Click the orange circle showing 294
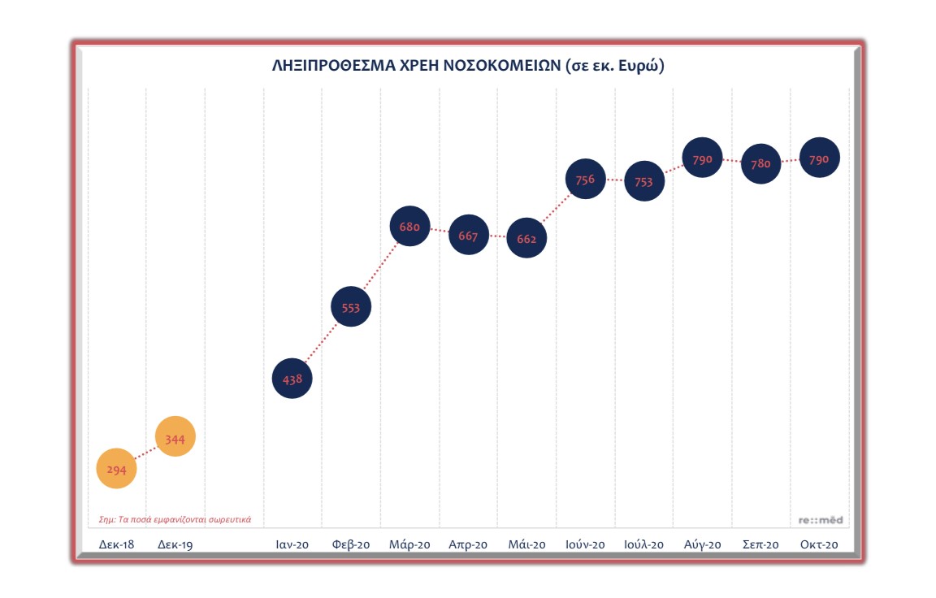(x=117, y=469)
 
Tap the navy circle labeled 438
(x=292, y=378)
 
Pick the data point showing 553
(x=351, y=306)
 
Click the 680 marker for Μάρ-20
(x=410, y=227)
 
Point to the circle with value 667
(x=469, y=236)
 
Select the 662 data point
(x=526, y=240)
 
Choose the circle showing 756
(x=585, y=180)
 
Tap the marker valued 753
(x=643, y=182)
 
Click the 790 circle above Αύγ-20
(x=703, y=159)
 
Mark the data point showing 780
(x=761, y=163)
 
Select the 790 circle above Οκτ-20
(x=820, y=159)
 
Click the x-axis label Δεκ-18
(x=116, y=544)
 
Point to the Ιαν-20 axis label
(x=292, y=544)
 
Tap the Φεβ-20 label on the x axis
(x=351, y=544)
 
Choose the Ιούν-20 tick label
(x=585, y=544)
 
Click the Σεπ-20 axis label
(x=761, y=544)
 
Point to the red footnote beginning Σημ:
(x=175, y=519)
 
